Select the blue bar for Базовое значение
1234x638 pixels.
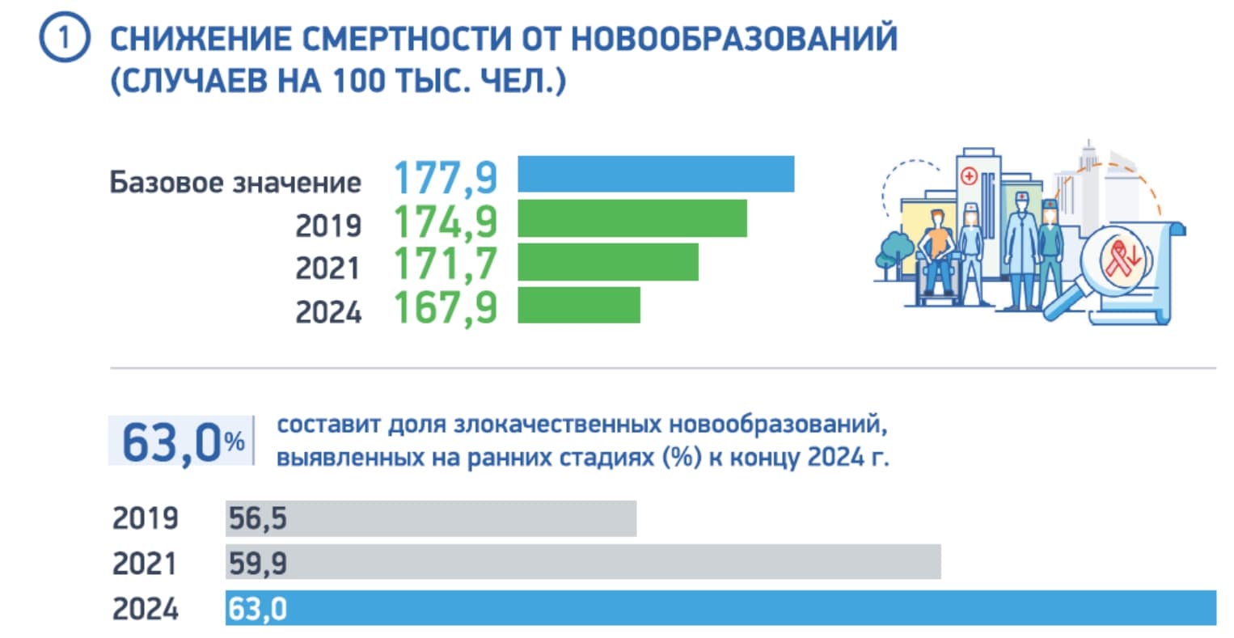coord(656,175)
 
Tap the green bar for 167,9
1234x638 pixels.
coord(579,306)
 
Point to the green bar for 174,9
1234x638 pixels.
coord(632,219)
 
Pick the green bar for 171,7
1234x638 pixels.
coord(608,263)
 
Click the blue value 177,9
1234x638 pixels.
coord(446,178)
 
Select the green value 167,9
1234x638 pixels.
coord(446,308)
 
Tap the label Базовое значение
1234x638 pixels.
coord(235,182)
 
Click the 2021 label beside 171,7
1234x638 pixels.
coord(328,268)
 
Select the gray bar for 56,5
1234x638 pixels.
coord(431,518)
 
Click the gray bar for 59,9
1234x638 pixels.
coord(583,562)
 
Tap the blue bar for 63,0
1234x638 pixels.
coord(721,608)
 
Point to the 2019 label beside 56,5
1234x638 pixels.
coord(146,518)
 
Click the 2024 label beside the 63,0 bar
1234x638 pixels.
coord(146,609)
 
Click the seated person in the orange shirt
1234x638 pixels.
coord(937,251)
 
